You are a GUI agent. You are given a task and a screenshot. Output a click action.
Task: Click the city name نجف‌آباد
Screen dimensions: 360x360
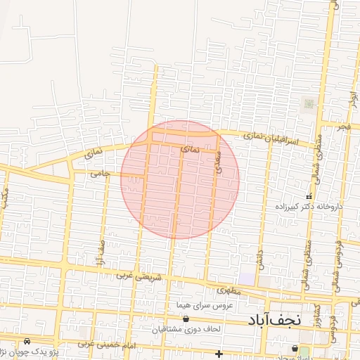tap(274, 320)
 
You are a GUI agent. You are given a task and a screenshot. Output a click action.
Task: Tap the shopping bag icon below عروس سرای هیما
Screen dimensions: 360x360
tap(186, 319)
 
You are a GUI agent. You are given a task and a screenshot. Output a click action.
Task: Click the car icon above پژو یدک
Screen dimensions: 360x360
tap(27, 340)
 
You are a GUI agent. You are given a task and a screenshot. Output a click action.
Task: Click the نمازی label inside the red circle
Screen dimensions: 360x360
tap(191, 150)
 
